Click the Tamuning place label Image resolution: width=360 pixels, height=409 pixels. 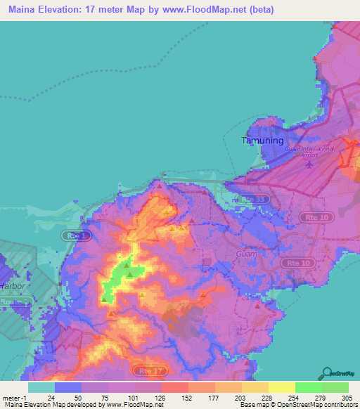pyautogui.click(x=262, y=141)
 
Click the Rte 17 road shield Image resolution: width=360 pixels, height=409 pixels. pyautogui.click(x=144, y=369)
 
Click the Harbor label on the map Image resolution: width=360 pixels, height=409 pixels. pyautogui.click(x=12, y=287)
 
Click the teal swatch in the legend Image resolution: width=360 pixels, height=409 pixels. pyautogui.click(x=41, y=387)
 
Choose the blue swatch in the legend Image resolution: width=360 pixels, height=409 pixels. pyautogui.click(x=68, y=387)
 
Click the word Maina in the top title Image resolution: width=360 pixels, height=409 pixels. pyautogui.click(x=22, y=10)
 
